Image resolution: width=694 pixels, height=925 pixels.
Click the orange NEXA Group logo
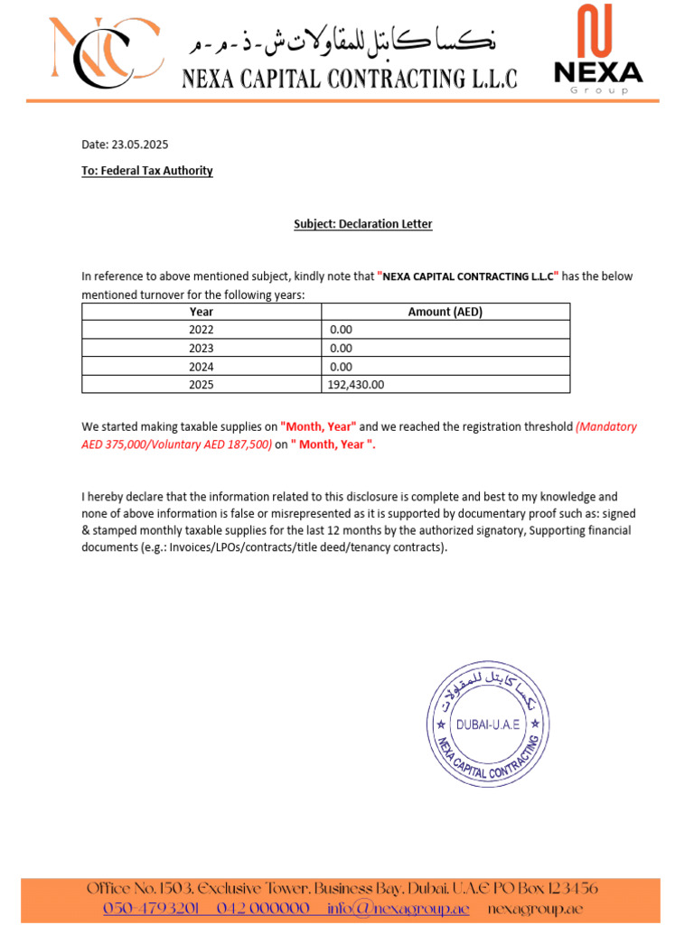click(x=597, y=49)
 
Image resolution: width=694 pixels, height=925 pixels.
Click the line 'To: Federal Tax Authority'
click(x=147, y=170)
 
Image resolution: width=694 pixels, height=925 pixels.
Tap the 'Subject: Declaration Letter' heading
click(x=362, y=224)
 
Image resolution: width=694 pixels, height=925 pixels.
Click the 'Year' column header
click(x=202, y=312)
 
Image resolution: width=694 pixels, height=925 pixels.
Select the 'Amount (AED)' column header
click(x=445, y=312)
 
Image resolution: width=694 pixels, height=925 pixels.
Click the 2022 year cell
click(x=202, y=330)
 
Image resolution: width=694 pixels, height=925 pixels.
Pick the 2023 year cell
click(x=202, y=348)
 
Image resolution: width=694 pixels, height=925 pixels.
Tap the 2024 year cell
click(x=202, y=366)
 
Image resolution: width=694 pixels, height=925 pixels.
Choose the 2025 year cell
click(x=202, y=384)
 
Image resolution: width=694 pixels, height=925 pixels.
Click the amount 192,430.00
click(x=357, y=384)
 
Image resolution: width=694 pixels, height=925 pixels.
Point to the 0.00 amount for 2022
click(x=341, y=330)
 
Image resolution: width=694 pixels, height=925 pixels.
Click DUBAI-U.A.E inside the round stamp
click(x=488, y=724)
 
